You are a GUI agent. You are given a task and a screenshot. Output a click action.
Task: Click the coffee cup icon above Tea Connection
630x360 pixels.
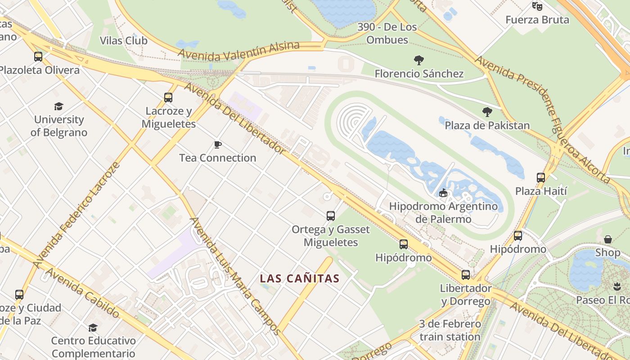point(218,144)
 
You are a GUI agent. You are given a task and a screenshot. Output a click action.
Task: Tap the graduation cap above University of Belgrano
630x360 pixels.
point(58,106)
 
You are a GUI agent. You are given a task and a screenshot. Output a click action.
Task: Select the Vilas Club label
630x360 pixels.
point(123,40)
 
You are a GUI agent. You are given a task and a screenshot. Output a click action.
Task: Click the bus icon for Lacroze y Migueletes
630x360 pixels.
point(168,97)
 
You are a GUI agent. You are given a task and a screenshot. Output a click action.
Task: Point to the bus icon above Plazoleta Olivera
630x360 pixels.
point(38,57)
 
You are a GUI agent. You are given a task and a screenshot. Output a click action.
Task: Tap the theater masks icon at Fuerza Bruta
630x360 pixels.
point(537,6)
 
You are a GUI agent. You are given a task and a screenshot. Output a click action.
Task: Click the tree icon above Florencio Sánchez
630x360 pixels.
point(419,60)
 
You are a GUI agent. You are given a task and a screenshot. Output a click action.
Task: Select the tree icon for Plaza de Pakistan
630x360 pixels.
point(487,112)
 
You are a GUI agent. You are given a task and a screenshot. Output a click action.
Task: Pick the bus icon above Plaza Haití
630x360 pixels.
point(541,178)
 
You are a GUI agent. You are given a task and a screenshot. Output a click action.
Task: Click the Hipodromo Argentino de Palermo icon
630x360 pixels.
point(443,193)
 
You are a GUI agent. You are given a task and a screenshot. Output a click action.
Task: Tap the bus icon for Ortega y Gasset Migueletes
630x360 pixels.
point(331,216)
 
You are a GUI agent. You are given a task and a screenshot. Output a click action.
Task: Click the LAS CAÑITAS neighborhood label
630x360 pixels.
point(299,279)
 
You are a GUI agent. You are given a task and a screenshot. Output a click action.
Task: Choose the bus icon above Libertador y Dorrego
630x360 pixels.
point(466,274)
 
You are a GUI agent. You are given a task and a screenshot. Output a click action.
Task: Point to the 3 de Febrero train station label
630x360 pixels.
point(450,330)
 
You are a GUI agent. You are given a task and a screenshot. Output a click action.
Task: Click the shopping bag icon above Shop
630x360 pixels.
point(608,239)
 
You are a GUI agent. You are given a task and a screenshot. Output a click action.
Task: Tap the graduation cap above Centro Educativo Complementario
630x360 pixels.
point(93,328)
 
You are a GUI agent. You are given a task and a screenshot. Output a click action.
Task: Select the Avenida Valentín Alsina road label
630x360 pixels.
point(238,51)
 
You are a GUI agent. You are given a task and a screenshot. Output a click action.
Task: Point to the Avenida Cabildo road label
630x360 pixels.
point(82,292)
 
